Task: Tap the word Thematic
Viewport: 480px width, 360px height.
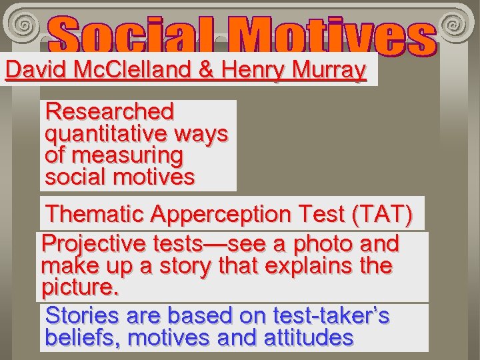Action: [x=95, y=214]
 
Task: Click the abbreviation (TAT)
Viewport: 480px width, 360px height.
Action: [x=383, y=214]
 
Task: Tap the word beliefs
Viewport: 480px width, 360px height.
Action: [x=83, y=337]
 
